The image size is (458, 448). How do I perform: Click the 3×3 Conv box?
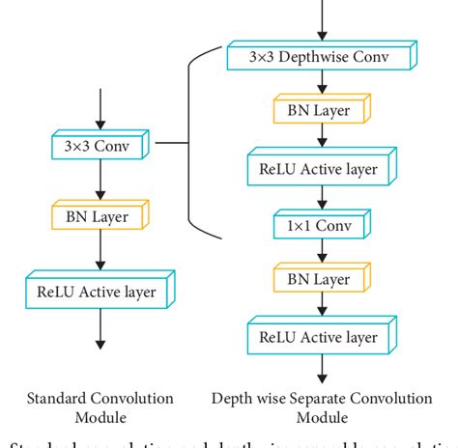(100, 148)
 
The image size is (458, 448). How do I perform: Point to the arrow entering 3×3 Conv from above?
(100, 110)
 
